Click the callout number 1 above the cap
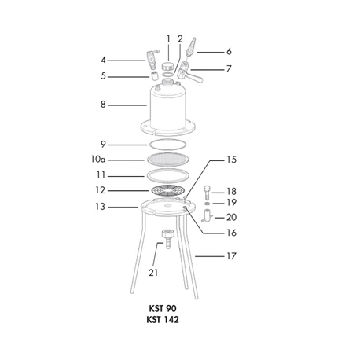(x=168, y=39)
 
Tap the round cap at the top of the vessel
(x=167, y=66)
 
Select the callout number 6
(x=229, y=51)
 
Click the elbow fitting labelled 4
(x=152, y=58)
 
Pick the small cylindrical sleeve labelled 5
(x=154, y=75)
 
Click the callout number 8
(x=103, y=105)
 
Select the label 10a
(x=98, y=159)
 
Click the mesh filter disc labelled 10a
(x=168, y=160)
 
